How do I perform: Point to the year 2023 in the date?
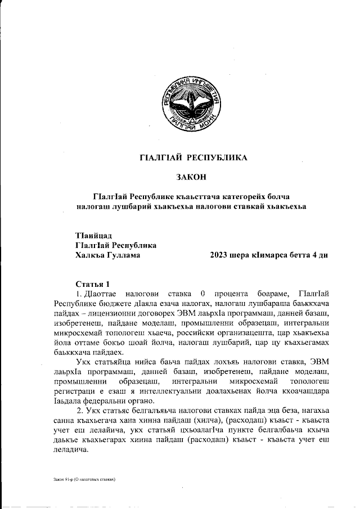(218, 255)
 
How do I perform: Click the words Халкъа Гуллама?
(107, 255)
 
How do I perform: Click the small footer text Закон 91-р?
(58, 480)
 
